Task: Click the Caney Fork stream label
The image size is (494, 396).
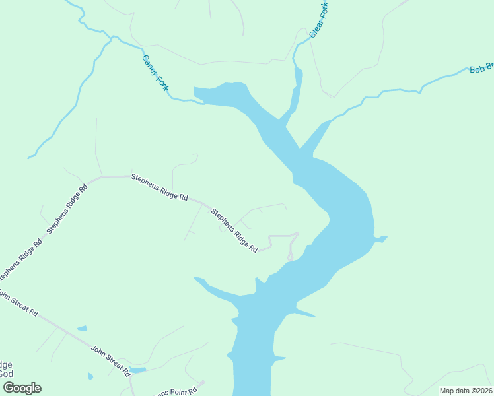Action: click(155, 73)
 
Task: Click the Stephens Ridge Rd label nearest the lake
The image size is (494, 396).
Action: click(234, 230)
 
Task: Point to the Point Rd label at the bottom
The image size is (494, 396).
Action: click(175, 389)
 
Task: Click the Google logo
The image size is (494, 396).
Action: click(22, 388)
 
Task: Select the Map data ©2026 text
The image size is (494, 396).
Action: click(466, 391)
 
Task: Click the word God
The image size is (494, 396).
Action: click(6, 374)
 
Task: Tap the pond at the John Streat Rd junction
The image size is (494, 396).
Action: click(137, 370)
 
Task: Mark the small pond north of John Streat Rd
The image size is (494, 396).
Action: click(82, 328)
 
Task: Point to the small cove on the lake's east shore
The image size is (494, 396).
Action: click(380, 238)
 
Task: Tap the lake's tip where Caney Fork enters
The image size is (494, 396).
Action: click(196, 91)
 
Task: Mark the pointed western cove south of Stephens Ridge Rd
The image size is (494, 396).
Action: click(198, 280)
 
